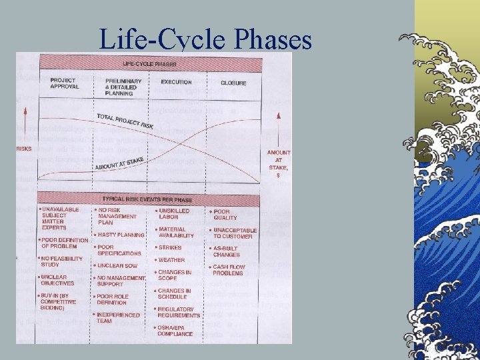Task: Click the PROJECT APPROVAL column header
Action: click(64, 83)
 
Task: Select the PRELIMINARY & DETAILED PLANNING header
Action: click(123, 87)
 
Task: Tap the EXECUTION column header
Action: click(176, 82)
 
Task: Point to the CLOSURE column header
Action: click(233, 83)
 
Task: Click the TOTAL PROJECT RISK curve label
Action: click(125, 121)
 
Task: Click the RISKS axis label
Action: click(23, 149)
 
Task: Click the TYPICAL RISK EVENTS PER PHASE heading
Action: click(147, 199)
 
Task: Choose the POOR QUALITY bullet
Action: click(225, 214)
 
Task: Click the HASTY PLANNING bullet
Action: click(120, 235)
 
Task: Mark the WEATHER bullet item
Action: click(171, 260)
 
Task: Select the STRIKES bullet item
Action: click(170, 247)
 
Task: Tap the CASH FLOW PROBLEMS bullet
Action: click(228, 270)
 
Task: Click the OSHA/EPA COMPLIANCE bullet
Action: click(175, 331)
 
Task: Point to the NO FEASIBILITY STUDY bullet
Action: click(62, 262)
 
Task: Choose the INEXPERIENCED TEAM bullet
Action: click(118, 318)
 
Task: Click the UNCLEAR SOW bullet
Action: click(117, 265)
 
